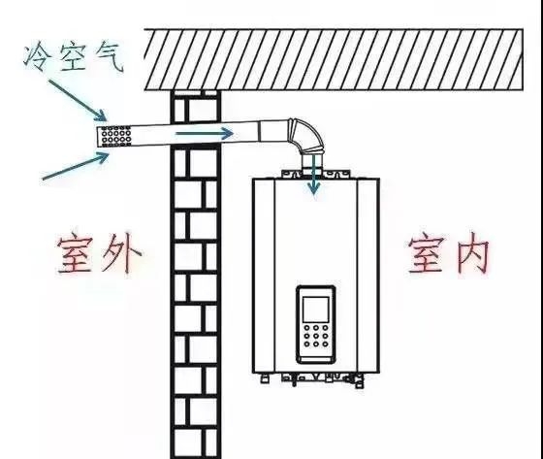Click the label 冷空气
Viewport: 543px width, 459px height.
(x=74, y=58)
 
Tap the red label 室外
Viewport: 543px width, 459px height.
(x=99, y=254)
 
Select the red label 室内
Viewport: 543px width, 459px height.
(x=449, y=255)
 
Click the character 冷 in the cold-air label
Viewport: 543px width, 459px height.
(x=35, y=58)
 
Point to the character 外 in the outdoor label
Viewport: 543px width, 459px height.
(x=121, y=255)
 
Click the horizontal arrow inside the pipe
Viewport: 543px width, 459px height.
(x=205, y=133)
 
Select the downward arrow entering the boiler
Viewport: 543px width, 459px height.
(x=314, y=174)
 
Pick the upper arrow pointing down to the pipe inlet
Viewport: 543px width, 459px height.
(x=77, y=100)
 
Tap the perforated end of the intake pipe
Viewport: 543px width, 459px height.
(x=115, y=136)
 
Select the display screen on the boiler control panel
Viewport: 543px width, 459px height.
(x=316, y=310)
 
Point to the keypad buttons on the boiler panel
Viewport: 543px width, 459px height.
(x=316, y=336)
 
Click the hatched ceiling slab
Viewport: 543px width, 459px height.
(x=334, y=59)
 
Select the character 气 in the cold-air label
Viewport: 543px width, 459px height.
(x=110, y=58)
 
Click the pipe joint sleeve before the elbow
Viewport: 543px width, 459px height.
(x=273, y=132)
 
